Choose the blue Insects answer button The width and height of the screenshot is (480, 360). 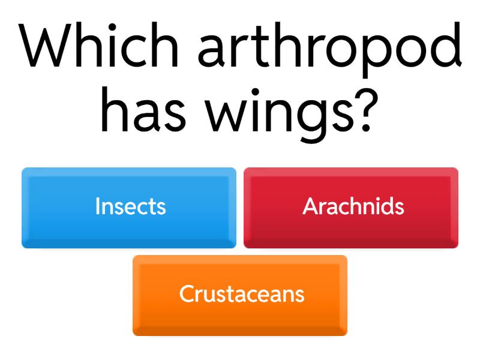pyautogui.click(x=129, y=207)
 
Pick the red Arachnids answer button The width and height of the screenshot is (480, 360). pyautogui.click(x=351, y=207)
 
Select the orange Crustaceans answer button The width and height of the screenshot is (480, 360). pyautogui.click(x=240, y=295)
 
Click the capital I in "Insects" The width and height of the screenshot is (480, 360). pyautogui.click(x=98, y=206)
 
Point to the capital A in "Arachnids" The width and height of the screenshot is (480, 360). pyautogui.click(x=310, y=206)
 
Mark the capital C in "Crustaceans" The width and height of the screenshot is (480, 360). pyautogui.click(x=187, y=294)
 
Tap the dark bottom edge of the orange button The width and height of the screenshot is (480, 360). pyautogui.click(x=240, y=331)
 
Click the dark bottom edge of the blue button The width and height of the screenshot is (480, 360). pyautogui.click(x=129, y=243)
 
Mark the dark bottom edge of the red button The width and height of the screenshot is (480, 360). pyautogui.click(x=351, y=243)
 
